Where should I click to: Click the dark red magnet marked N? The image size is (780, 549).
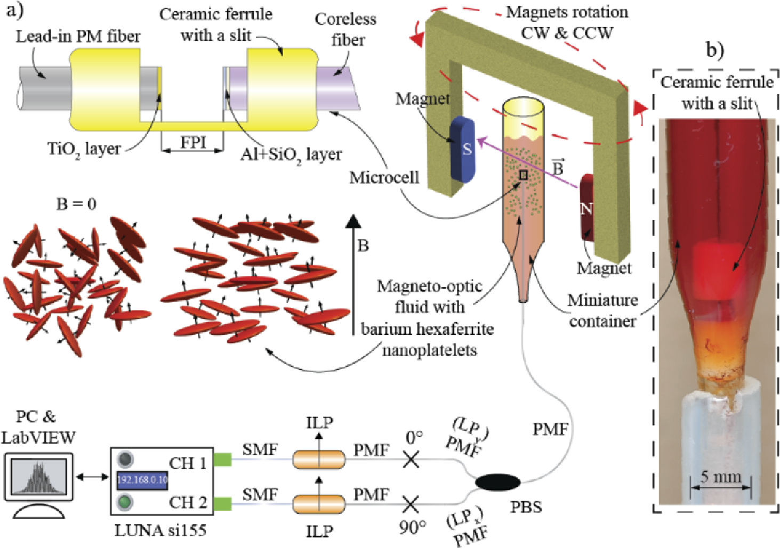coord(588,207)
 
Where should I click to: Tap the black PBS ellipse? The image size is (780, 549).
coord(497,482)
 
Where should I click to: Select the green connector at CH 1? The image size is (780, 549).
coord(222,459)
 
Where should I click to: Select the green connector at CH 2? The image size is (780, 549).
coord(222,503)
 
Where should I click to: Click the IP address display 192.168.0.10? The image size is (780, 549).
coord(142,480)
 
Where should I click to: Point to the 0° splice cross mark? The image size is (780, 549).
coord(411,459)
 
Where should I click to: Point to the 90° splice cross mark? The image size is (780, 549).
coord(411,503)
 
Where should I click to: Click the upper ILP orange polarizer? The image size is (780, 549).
coord(319,459)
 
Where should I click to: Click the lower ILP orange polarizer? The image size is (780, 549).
coord(319,503)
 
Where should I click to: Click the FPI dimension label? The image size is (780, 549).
coord(192,143)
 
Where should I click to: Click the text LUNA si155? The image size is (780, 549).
coord(160,531)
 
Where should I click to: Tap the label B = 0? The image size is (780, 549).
coord(76,204)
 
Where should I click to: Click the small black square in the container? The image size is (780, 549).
coord(524,175)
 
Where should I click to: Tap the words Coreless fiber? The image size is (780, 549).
coord(346,29)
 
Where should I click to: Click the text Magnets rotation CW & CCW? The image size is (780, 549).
coord(567,22)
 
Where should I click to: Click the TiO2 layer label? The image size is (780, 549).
coord(84,149)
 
